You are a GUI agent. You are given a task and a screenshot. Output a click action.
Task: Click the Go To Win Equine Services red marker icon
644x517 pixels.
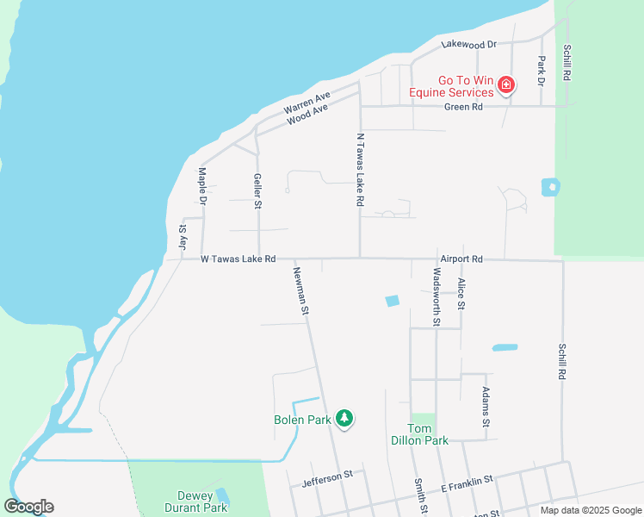point(506,84)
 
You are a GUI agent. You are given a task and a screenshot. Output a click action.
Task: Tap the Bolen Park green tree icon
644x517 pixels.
point(344,419)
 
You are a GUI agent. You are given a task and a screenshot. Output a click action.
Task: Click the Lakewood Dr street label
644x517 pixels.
point(469,44)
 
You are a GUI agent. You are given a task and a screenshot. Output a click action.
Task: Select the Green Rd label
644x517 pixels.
point(463,107)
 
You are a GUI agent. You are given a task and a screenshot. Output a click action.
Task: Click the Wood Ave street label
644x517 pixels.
point(307,115)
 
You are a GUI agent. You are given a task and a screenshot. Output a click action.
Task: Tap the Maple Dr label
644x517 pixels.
point(203,184)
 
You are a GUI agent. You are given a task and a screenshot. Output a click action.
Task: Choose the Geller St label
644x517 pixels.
point(257,190)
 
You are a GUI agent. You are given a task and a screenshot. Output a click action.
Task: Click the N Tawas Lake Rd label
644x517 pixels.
point(361,169)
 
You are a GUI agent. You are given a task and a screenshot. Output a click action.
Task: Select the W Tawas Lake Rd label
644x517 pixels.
point(238,258)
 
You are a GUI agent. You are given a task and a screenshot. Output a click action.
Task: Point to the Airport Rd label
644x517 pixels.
point(461,258)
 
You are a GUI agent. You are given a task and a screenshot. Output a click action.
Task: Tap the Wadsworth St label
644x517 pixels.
point(437,296)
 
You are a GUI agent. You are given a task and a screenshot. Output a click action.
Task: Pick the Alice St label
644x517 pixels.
point(461,294)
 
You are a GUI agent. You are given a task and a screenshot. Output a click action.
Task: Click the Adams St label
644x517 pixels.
point(486,408)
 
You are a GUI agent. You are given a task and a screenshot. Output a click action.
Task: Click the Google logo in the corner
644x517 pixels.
point(28,507)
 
